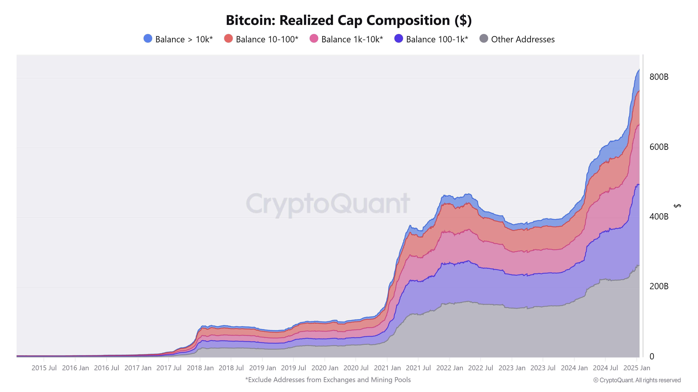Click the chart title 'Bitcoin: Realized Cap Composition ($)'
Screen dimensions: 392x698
tap(349, 20)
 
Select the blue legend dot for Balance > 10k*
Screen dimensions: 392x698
tap(148, 39)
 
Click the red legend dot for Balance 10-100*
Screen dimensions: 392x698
tap(228, 39)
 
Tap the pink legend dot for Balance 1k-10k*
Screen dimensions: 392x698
tap(314, 39)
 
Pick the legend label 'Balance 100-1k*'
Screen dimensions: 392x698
tap(437, 40)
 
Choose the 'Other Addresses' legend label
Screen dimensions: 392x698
tap(523, 40)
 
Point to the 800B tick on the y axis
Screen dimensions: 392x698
tap(659, 77)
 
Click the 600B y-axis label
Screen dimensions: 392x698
tap(659, 147)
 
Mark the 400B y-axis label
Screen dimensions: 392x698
tap(659, 217)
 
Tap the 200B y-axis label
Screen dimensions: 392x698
tap(659, 286)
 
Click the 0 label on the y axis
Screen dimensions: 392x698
tap(652, 356)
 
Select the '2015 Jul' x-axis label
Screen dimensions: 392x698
tap(44, 368)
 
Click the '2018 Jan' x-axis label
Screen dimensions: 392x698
tap(200, 368)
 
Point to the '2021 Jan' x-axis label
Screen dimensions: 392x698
tap(387, 368)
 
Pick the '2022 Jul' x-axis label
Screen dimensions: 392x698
tap(480, 368)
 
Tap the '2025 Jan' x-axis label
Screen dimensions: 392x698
tap(637, 368)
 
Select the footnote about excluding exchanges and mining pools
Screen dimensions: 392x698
tap(328, 380)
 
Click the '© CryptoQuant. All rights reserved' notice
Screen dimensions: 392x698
tap(637, 380)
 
